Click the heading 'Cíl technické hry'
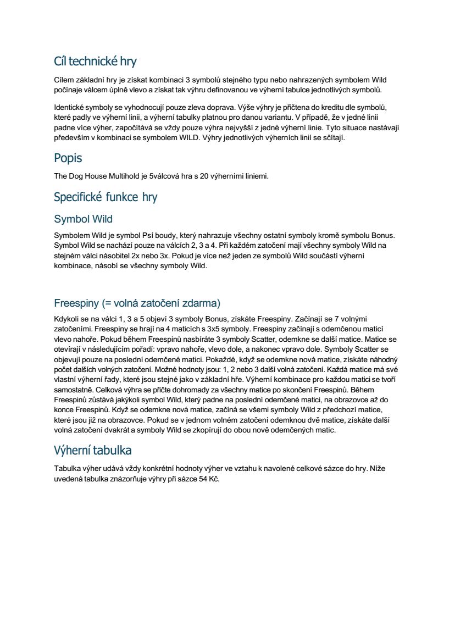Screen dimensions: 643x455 95,60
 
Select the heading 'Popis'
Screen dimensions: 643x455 68,158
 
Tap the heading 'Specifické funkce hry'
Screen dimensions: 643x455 106,197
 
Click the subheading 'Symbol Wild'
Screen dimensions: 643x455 83,219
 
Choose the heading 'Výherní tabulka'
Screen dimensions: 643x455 92,451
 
